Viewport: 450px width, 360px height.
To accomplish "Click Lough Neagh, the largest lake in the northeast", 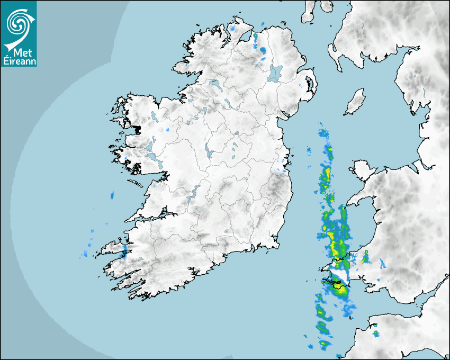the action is point(275,73).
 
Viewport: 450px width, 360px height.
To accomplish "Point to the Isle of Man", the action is point(355,102).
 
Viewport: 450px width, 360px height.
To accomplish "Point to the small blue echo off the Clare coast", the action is point(112,195).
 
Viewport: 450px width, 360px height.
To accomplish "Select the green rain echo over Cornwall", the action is point(376,334).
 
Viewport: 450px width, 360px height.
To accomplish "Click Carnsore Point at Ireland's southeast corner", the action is point(277,245).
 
